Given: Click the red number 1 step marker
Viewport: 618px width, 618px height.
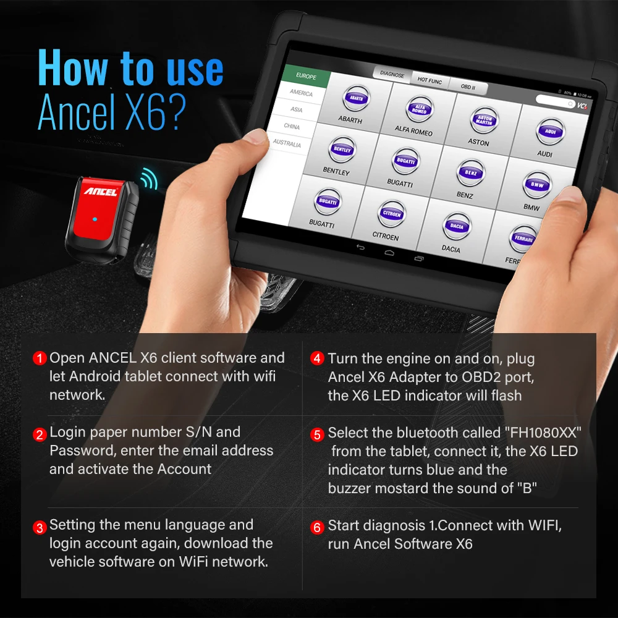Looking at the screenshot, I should coord(40,358).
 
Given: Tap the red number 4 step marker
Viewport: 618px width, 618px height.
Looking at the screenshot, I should coord(317,359).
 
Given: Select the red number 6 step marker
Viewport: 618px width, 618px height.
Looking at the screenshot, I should coord(317,527).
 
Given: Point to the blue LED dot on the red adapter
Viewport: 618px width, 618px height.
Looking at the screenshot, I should coord(93,219).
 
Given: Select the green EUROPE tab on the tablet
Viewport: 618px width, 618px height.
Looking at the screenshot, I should coord(306,77).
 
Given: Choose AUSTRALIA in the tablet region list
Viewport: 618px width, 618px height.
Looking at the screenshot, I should coord(287,143).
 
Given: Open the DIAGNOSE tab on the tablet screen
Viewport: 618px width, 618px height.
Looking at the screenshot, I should coord(392,74).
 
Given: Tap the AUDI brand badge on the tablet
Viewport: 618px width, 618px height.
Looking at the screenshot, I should coord(547,132).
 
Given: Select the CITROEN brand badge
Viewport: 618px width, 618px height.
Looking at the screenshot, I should coord(391,214).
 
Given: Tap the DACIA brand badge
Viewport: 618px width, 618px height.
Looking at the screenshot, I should coord(456,227).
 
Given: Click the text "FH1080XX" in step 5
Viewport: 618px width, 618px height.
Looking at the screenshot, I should coord(544,433).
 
